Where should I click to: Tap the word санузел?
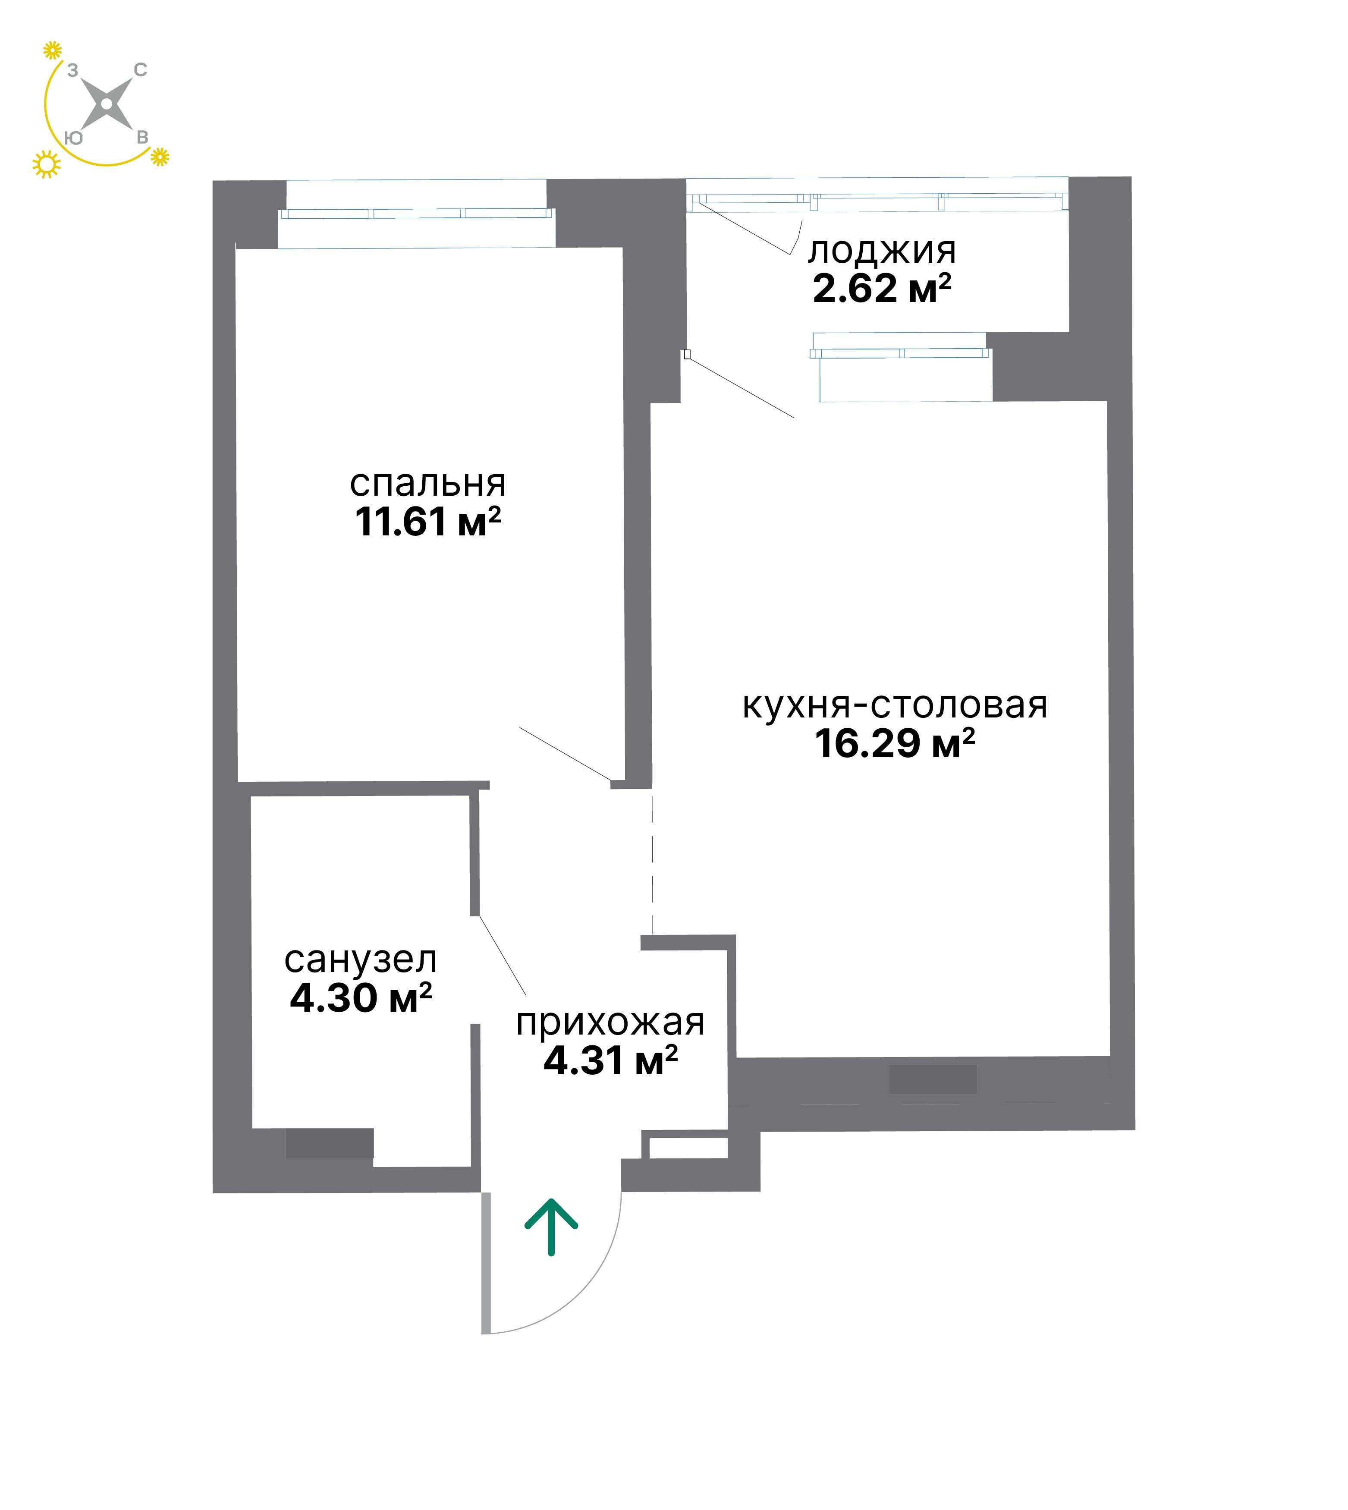pyautogui.click(x=361, y=960)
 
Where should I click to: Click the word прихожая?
pyautogui.click(x=610, y=1023)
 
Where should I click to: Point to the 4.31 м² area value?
pyautogui.click(x=610, y=1060)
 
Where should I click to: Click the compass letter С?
pyautogui.click(x=140, y=69)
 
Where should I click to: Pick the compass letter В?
pyautogui.click(x=142, y=138)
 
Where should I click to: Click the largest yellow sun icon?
pyautogui.click(x=46, y=164)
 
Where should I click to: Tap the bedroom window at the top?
pyautogui.click(x=416, y=214)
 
